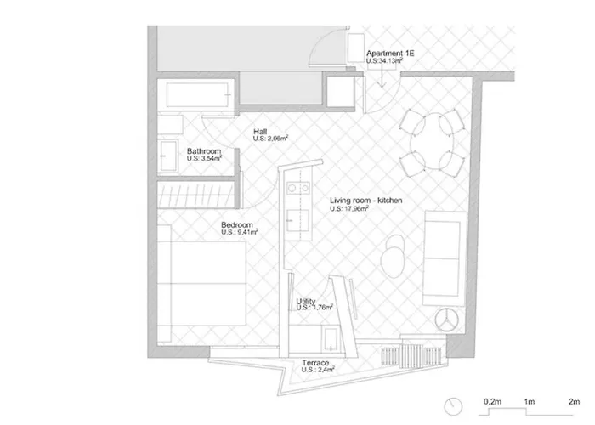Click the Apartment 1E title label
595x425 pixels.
point(390,54)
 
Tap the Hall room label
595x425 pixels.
point(260,131)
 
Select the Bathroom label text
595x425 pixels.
point(204,151)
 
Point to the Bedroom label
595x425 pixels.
point(237,224)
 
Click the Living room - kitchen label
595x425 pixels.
point(365,201)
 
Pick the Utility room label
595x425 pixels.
point(305,302)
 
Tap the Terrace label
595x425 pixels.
point(315,363)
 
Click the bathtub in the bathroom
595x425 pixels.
point(198,94)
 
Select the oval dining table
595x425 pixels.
point(432,142)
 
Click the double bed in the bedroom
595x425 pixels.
point(202,283)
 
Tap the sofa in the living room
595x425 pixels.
point(445,258)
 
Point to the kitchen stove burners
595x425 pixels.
point(298,188)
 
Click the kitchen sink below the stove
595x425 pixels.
point(297,220)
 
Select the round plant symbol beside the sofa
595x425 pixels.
point(446,320)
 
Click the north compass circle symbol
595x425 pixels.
point(453,407)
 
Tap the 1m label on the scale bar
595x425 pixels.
point(530,401)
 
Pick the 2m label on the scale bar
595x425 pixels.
point(574,401)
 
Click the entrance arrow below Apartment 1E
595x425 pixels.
point(382,78)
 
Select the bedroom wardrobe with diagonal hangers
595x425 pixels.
point(196,195)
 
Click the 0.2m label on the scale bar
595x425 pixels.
point(492,401)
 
